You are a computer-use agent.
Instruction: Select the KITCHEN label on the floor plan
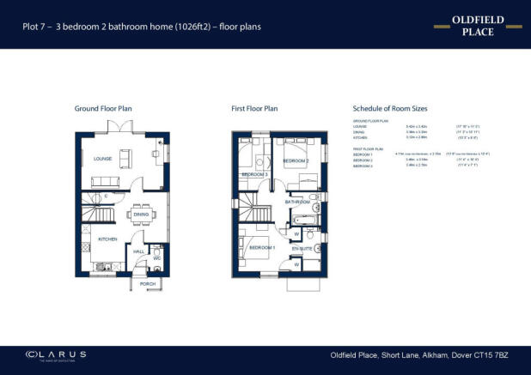click(107, 239)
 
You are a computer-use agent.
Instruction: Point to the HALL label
click(137, 251)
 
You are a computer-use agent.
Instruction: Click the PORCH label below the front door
click(147, 283)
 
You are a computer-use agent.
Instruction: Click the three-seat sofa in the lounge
click(107, 181)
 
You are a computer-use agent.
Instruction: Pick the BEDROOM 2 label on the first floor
click(296, 160)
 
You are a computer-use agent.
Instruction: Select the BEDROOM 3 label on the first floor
click(254, 174)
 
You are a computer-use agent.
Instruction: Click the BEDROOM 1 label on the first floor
click(261, 248)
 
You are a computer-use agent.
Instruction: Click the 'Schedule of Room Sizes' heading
click(390, 109)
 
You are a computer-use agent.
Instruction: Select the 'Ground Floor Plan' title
click(102, 109)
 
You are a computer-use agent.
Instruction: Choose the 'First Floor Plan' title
click(254, 109)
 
